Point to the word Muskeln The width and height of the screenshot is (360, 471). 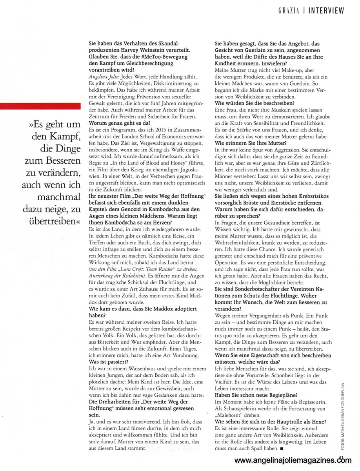click(x=286, y=111)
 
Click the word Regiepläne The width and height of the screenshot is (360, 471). click(x=280, y=395)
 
